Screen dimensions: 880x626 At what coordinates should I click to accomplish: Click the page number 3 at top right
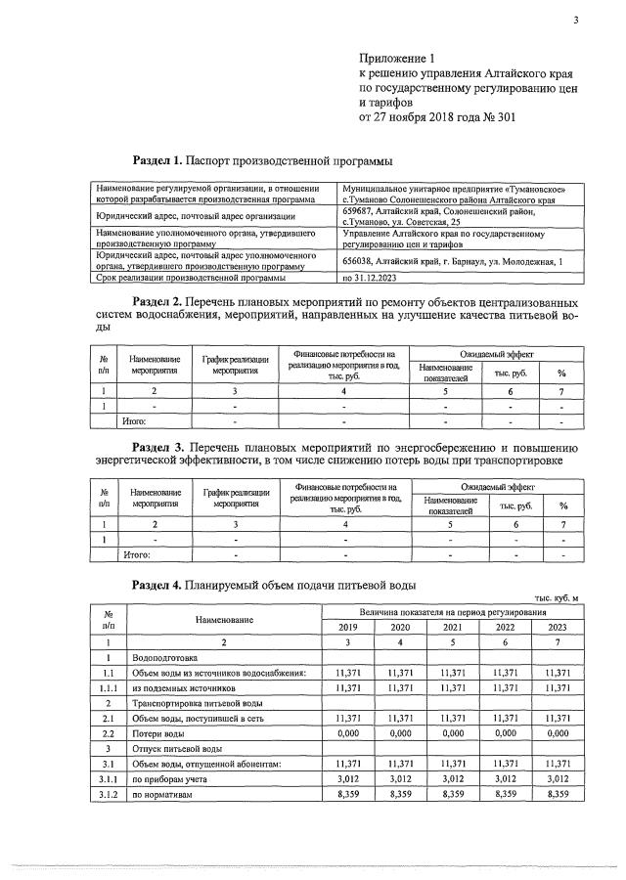click(576, 21)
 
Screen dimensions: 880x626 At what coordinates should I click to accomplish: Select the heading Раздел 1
click(156, 159)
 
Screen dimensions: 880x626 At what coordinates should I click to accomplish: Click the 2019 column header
click(348, 627)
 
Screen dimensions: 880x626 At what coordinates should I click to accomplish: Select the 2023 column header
click(558, 627)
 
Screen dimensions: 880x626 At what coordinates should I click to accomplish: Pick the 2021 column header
click(452, 627)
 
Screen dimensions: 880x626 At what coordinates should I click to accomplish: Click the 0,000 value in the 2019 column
click(348, 732)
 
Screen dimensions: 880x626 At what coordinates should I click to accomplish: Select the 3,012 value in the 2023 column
click(558, 778)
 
